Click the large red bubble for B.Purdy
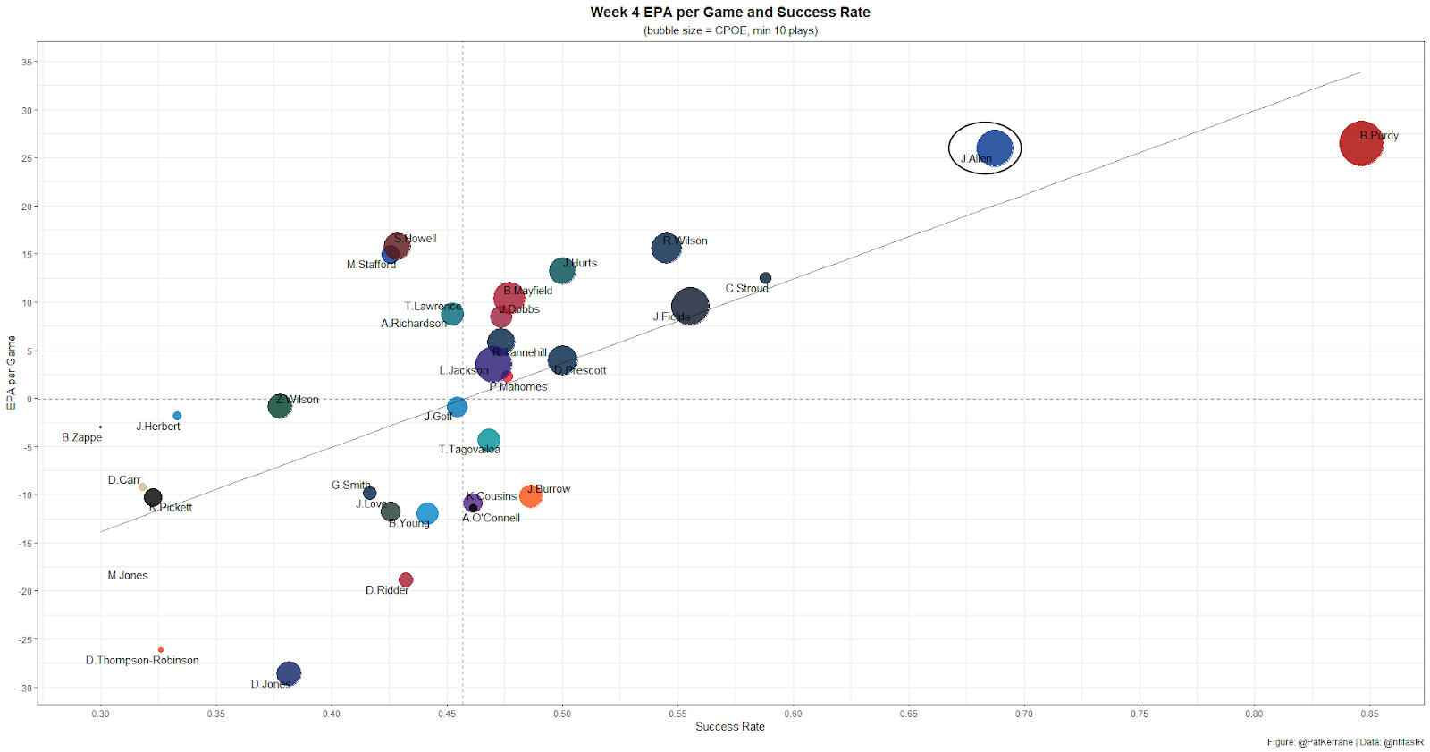click(1361, 143)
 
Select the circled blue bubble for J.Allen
click(994, 148)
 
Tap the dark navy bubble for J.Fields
click(690, 307)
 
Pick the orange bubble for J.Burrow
click(530, 495)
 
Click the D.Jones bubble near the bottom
click(289, 673)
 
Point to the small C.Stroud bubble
click(765, 278)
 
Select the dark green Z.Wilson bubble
click(280, 406)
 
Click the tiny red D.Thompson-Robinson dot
click(161, 650)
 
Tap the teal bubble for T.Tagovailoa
click(488, 440)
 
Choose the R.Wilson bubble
click(666, 248)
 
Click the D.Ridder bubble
click(406, 580)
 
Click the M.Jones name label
click(128, 576)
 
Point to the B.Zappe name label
click(81, 437)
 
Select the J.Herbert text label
click(158, 427)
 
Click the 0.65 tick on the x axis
click(908, 714)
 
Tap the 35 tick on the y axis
click(27, 63)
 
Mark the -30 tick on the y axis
click(26, 688)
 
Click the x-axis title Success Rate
click(730, 727)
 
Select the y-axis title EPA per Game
click(12, 373)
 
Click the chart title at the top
click(730, 13)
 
